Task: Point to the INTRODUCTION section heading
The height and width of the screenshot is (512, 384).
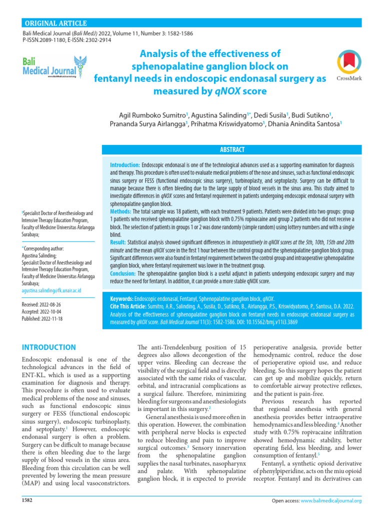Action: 49,347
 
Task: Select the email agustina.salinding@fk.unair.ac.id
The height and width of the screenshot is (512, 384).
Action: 51,290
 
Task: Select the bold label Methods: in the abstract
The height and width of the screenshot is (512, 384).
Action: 124,212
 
